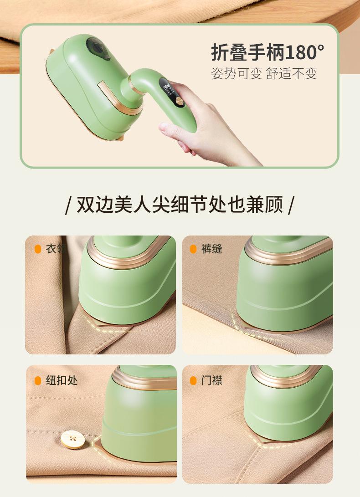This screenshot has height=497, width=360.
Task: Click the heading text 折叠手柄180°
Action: point(267,52)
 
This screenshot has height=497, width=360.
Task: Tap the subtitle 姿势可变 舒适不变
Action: point(264,73)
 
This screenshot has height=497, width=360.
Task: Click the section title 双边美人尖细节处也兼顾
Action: point(180,205)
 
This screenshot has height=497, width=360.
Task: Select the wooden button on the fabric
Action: point(73,439)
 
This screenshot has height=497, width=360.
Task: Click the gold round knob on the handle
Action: point(179,102)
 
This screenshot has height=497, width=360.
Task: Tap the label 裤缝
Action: point(211,249)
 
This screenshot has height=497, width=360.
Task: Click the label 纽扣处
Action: point(62,380)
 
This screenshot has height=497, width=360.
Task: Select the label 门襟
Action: point(211,380)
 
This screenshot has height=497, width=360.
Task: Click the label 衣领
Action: point(56,249)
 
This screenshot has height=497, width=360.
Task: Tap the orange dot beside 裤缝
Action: point(193,249)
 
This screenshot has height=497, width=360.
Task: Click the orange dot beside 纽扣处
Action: point(38,381)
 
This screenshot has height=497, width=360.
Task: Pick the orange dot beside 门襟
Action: point(193,381)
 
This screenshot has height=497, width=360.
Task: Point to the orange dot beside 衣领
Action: point(38,249)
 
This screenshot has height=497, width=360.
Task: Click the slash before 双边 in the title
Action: point(67,205)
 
